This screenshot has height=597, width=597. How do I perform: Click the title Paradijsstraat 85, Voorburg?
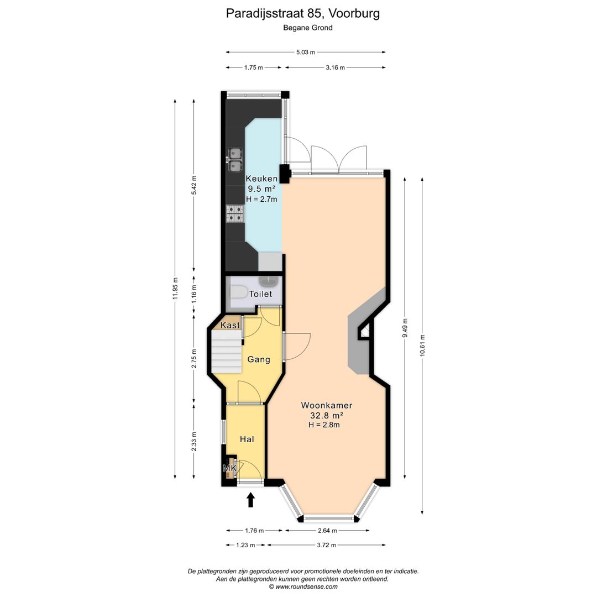click(x=303, y=13)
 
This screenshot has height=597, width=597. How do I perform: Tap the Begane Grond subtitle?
click(x=308, y=28)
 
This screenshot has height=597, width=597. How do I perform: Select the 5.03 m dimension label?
click(x=305, y=53)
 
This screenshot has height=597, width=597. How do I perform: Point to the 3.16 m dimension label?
click(x=334, y=67)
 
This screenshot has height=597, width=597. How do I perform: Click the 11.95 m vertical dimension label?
click(x=175, y=289)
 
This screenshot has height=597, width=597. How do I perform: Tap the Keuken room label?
click(x=261, y=179)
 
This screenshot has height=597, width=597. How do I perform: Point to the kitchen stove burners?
click(x=235, y=213)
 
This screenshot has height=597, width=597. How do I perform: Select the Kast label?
click(x=231, y=326)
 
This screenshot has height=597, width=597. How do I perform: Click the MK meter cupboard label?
click(x=229, y=469)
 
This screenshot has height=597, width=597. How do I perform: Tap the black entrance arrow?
click(x=250, y=500)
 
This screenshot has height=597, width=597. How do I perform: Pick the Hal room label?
click(x=247, y=439)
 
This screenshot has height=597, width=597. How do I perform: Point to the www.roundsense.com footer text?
click(x=303, y=586)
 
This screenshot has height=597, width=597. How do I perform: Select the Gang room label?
click(x=259, y=360)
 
